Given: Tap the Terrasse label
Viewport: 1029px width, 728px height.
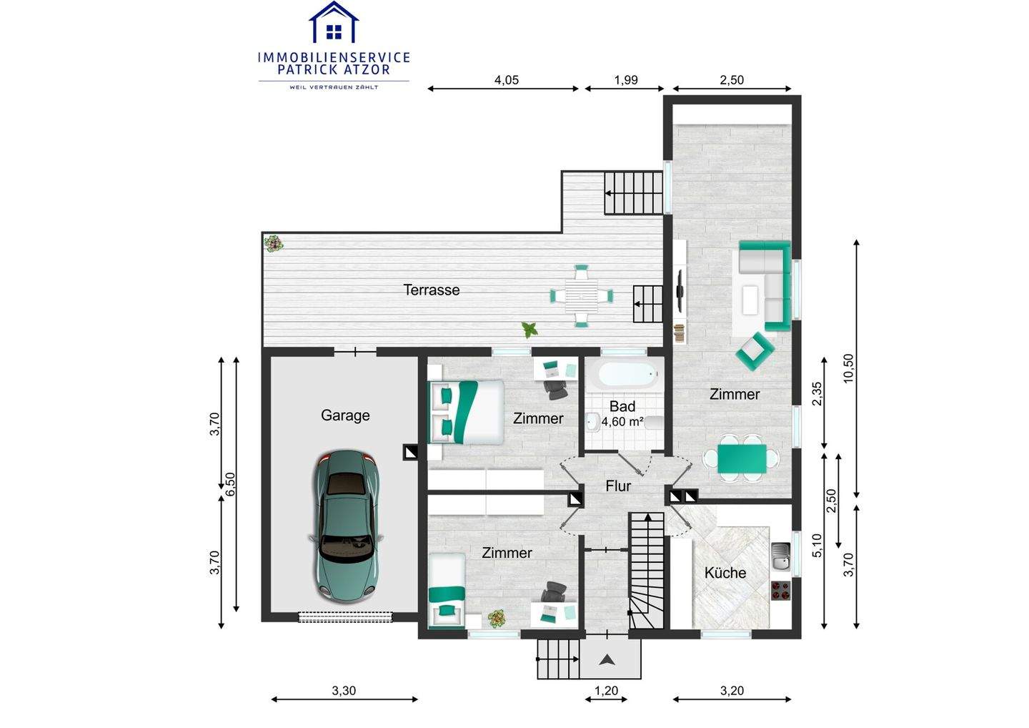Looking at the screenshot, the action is pos(432,290).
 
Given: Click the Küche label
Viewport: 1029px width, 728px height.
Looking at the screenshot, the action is pos(725,573).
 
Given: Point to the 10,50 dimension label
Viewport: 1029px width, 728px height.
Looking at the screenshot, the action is pos(848,368).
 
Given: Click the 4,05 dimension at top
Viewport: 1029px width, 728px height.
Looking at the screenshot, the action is pos(506,80).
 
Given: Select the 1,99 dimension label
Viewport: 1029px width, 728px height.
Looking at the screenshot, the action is pos(626,80).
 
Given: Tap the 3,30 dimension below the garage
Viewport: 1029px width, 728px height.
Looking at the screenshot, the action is pos(344,691).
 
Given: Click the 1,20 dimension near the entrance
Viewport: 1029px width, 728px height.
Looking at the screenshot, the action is pos(607,691).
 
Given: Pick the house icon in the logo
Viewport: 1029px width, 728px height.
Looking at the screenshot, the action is pos(334,22).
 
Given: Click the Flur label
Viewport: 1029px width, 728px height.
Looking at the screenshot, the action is pos(618,486).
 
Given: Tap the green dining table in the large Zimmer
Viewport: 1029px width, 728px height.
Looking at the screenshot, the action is pos(742,458).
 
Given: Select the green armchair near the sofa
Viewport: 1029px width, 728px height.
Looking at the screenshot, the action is pos(755,351).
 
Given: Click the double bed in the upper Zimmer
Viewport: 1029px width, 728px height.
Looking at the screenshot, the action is pos(466,412).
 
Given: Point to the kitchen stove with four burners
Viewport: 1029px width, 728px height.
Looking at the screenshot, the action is pos(780,591).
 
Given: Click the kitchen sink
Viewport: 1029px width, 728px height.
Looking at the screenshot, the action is pos(780,556).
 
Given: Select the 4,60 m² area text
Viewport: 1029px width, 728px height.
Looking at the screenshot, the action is pos(622,421).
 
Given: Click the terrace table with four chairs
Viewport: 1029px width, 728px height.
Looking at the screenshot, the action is pos(582,296).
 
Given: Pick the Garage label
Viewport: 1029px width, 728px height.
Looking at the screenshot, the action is pos(345,415).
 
